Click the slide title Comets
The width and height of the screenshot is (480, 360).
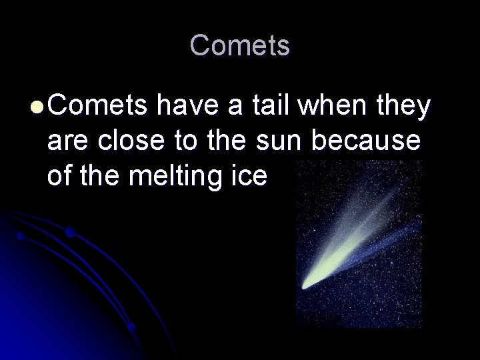point(240,46)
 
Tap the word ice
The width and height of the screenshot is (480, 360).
point(250,176)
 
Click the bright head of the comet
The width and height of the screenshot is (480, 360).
point(309,282)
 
